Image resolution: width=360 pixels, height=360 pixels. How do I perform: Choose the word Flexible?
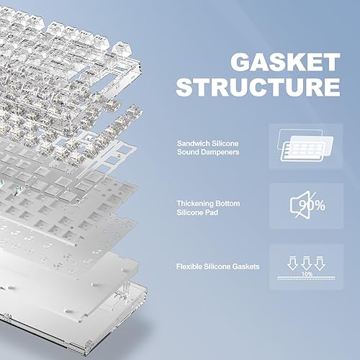tap(191, 267)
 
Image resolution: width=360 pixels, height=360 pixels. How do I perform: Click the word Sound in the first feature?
tap(189, 153)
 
